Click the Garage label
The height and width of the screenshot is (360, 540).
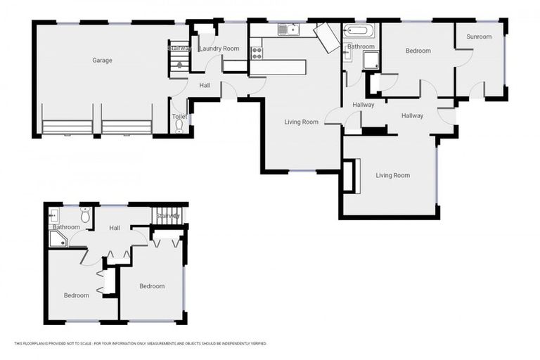[102, 60]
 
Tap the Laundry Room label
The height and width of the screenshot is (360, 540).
[219, 49]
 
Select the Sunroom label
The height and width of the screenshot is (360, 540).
[479, 37]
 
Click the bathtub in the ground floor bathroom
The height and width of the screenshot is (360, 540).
[359, 32]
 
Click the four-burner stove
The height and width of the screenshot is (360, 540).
[257, 51]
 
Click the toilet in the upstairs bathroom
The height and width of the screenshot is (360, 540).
[86, 214]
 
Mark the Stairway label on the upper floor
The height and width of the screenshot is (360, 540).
[169, 216]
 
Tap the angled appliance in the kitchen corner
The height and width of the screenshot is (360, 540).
[327, 37]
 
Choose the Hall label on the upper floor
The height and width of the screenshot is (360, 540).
[115, 228]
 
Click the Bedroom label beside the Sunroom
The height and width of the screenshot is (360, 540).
[418, 51]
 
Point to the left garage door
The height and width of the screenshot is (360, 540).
[67, 127]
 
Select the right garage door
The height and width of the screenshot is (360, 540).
[127, 127]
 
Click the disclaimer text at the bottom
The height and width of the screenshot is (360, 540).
[141, 344]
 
